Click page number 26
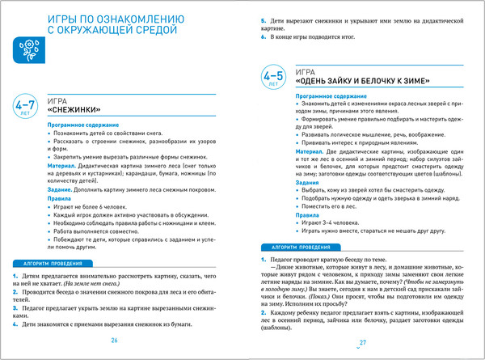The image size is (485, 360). pos(114,340)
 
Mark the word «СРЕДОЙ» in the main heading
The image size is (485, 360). pos(147,30)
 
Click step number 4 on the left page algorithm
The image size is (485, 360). pos(15,324)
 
